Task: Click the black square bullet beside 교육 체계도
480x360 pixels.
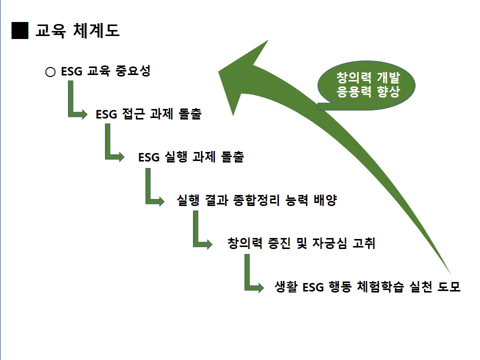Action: pyautogui.click(x=20, y=31)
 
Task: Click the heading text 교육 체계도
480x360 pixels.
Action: pyautogui.click(x=77, y=31)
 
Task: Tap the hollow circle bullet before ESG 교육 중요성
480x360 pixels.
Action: pyautogui.click(x=50, y=72)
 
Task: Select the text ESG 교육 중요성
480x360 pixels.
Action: pyautogui.click(x=105, y=71)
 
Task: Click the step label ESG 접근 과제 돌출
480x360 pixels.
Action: pyautogui.click(x=148, y=114)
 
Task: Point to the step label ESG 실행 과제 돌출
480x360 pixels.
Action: pyautogui.click(x=191, y=157)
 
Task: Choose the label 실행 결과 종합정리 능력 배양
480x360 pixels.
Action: pyautogui.click(x=257, y=200)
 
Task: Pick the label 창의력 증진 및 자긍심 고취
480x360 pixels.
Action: pyautogui.click(x=301, y=243)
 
